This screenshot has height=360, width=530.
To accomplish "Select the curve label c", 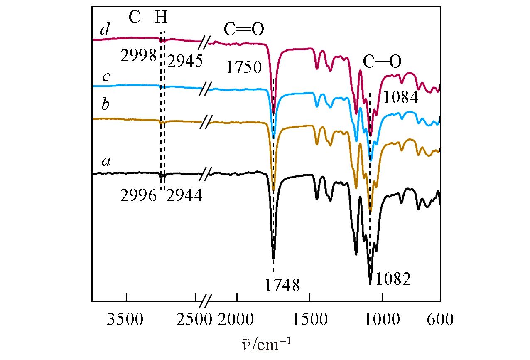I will (x=106, y=76).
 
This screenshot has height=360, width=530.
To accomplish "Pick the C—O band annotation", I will (x=382, y=62).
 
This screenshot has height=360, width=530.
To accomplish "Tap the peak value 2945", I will (x=184, y=61).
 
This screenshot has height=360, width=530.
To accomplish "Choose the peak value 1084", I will (x=400, y=98).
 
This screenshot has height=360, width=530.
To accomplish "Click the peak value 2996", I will (x=138, y=195).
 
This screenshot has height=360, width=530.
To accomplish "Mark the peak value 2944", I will (x=184, y=195).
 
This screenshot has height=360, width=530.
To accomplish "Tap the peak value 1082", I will (x=393, y=279).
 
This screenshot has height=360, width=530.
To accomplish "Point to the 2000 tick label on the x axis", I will (x=237, y=321).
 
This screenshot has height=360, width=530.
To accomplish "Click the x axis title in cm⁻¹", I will (x=263, y=344).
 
